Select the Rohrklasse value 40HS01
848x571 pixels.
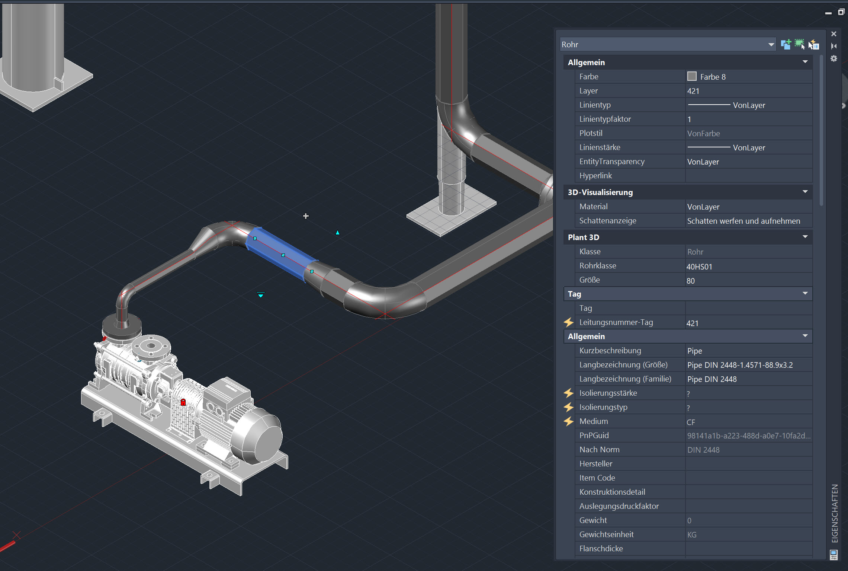click(699, 267)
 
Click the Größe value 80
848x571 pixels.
click(691, 281)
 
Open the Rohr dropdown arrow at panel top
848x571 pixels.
click(771, 45)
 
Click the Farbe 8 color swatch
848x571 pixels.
click(692, 77)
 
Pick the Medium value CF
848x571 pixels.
click(691, 422)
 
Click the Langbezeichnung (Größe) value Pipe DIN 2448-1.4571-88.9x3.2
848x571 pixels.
click(740, 365)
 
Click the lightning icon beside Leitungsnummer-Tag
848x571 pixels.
click(569, 322)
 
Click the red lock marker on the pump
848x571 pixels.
click(183, 402)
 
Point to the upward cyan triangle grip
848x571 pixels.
click(337, 233)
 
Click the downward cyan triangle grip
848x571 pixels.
click(261, 295)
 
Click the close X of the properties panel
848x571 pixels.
click(834, 34)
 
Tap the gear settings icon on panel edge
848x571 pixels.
click(834, 58)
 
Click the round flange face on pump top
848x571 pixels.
click(151, 346)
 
